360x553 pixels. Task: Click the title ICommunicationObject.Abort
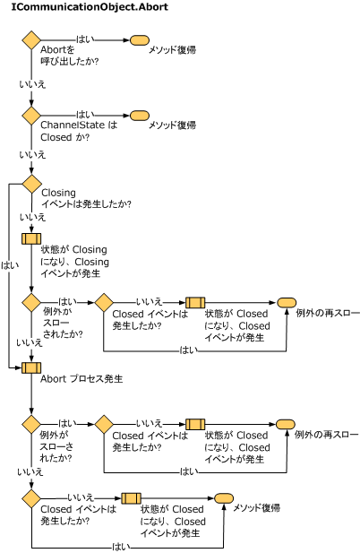pyautogui.click(x=90, y=6)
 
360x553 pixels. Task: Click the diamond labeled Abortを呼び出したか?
pyautogui.click(x=31, y=40)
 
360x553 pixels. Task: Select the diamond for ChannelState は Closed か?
pyautogui.click(x=31, y=116)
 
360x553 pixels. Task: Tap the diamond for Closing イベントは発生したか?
pyautogui.click(x=31, y=184)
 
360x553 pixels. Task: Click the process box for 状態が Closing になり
pyautogui.click(x=31, y=238)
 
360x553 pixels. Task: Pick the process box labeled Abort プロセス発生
pyautogui.click(x=31, y=367)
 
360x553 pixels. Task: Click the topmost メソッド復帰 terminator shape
pyautogui.click(x=140, y=40)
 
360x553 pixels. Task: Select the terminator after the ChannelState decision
pyautogui.click(x=140, y=116)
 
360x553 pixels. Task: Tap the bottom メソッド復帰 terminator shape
pyautogui.click(x=224, y=498)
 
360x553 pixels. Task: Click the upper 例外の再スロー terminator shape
pyautogui.click(x=287, y=303)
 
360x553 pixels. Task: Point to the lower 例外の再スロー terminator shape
pyautogui.click(x=286, y=424)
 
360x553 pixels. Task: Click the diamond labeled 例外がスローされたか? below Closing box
pyautogui.click(x=31, y=303)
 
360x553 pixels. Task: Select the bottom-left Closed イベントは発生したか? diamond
pyautogui.click(x=31, y=498)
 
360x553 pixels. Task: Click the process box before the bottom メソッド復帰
pyautogui.click(x=132, y=498)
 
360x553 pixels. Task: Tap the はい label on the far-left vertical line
pyautogui.click(x=10, y=265)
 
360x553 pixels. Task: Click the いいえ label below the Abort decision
pyautogui.click(x=32, y=84)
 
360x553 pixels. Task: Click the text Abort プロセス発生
pyautogui.click(x=81, y=379)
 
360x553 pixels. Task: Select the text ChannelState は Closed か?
pyautogui.click(x=79, y=131)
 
